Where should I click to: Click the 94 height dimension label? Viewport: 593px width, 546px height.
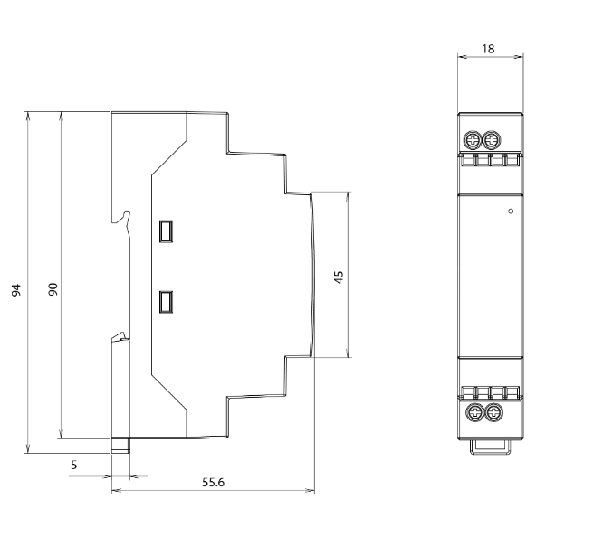16,290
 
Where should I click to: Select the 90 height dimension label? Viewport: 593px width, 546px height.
53,289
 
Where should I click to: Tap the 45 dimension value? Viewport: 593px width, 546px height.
339,278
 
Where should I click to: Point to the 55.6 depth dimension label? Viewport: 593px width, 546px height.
213,482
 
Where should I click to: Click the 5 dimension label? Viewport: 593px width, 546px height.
73,465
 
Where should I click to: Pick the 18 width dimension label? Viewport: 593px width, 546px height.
488,49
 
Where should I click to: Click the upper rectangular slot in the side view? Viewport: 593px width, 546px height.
166,231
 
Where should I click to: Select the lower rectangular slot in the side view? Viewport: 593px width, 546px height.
166,302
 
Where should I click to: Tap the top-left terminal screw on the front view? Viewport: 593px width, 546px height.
473,141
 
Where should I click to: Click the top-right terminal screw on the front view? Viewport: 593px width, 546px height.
491,141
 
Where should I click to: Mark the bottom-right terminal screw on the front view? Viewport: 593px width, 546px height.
493,412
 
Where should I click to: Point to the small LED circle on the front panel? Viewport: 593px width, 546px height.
511,211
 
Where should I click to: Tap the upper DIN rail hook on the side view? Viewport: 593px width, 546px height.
122,217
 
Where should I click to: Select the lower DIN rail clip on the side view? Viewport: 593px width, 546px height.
120,336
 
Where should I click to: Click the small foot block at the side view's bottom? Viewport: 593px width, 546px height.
120,446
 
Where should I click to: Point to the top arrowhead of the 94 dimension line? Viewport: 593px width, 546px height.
27,115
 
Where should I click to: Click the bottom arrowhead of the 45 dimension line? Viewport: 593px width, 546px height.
349,353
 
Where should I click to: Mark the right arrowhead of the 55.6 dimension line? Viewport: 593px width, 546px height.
310,491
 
